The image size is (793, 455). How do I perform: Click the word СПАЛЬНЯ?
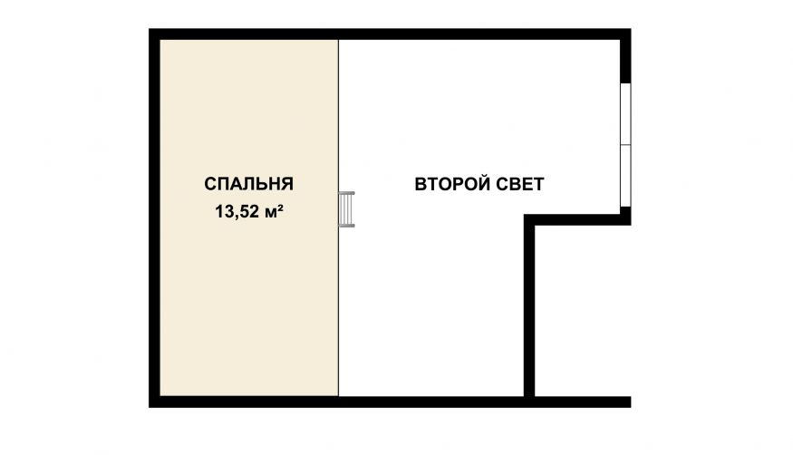[249, 183]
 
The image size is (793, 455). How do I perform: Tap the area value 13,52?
[237, 212]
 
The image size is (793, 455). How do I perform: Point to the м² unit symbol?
[273, 212]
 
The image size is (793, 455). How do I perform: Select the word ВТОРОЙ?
[451, 184]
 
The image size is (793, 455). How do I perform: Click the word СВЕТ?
[519, 184]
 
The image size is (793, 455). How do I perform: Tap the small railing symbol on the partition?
[346, 209]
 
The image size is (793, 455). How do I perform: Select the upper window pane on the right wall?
[625, 114]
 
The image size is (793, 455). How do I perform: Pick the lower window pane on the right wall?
[625, 176]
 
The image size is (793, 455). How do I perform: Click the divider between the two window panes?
[625, 145]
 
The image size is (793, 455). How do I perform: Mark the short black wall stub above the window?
[625, 61]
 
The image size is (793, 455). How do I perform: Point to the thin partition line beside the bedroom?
[338, 218]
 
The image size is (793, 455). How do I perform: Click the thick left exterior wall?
[154, 218]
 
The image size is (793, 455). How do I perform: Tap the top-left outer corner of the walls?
[150, 29]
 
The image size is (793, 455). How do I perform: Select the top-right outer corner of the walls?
[631, 29]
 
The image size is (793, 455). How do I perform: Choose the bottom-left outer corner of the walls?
[150, 407]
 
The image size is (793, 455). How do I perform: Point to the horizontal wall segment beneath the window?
[577, 219]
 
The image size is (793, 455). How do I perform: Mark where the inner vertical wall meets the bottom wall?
[529, 402]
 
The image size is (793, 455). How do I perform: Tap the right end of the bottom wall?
[630, 402]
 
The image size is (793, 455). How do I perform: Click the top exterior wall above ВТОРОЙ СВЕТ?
[479, 34]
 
